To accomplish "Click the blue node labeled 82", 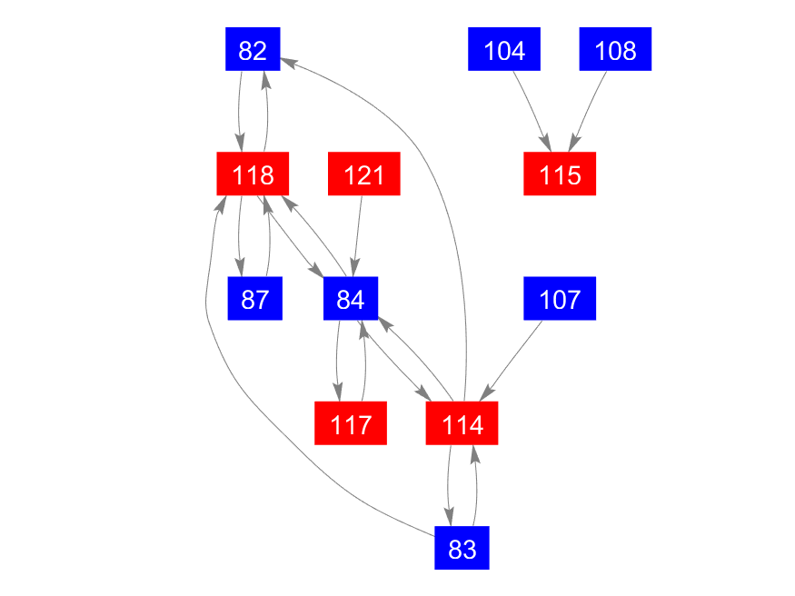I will [252, 50].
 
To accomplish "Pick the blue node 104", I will [504, 50].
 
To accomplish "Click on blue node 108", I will [615, 50].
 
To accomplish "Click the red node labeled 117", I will [351, 423].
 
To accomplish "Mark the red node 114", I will [462, 423].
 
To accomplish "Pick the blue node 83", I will [462, 548].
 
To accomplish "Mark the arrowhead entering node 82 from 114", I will [287, 62].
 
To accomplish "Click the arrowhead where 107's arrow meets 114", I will [487, 391].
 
